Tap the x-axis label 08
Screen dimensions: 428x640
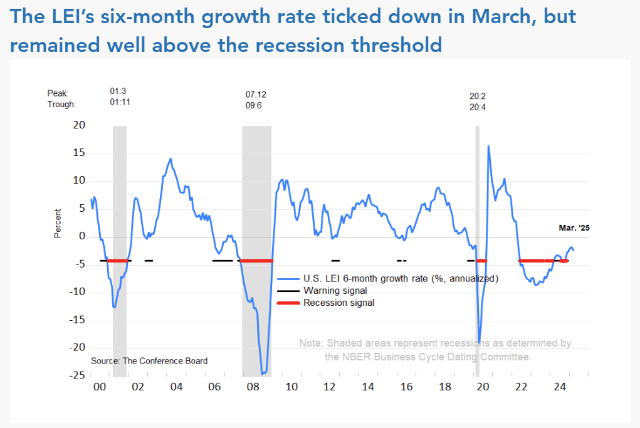[253, 387]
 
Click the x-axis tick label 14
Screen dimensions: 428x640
[368, 387]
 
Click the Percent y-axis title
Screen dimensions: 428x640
[58, 223]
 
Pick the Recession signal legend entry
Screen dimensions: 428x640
[338, 303]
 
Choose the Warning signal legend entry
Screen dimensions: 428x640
[335, 291]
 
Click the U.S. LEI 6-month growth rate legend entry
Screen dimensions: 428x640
[401, 278]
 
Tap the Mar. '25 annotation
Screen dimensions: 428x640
[574, 229]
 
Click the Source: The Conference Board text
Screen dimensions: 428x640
[149, 361]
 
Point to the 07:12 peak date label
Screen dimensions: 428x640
[256, 94]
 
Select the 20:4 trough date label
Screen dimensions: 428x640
[479, 107]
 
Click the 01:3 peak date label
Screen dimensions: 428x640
[118, 91]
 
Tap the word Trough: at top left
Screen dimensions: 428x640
[61, 105]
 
